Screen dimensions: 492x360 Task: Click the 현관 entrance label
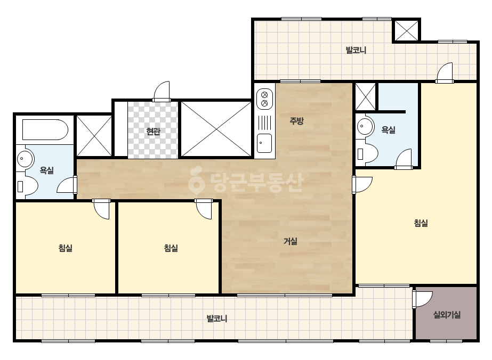point(153,131)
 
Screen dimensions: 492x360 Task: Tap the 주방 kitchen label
point(296,121)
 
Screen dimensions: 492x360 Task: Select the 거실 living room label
point(290,241)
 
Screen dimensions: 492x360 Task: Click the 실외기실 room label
point(447,315)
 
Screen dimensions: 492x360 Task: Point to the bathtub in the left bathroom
point(45,129)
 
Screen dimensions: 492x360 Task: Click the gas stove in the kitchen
point(264,99)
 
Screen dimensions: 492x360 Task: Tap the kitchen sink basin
point(264,143)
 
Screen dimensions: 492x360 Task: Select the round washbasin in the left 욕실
point(25,158)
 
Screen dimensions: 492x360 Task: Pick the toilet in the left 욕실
point(28,186)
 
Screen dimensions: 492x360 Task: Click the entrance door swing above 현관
point(162,91)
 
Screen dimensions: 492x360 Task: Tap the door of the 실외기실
point(422,299)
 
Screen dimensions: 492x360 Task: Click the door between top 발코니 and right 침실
point(445,73)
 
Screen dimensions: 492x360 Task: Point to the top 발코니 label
point(356,50)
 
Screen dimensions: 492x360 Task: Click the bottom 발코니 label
point(216,318)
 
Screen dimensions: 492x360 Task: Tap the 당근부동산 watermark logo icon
point(196,180)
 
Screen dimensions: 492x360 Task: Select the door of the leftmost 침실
point(101,209)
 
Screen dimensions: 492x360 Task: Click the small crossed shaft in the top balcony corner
point(406,30)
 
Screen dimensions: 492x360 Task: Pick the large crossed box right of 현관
point(216,129)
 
